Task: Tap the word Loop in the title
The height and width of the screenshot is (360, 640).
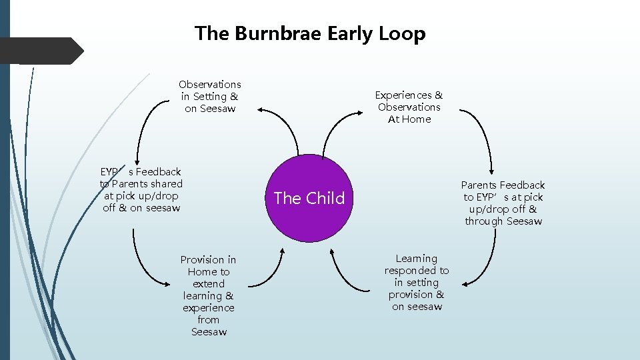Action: click(403, 34)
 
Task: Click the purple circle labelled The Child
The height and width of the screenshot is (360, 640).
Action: click(309, 198)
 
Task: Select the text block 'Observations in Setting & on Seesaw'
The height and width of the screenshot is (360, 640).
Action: click(210, 96)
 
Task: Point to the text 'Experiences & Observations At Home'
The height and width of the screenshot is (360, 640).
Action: click(409, 107)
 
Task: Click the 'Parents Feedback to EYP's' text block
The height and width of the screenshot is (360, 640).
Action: click(503, 203)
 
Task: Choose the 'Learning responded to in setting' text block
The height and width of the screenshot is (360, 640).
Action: click(417, 282)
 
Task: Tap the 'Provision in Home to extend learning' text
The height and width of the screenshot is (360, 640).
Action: click(209, 295)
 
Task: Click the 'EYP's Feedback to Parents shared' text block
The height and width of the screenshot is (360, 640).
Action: click(141, 190)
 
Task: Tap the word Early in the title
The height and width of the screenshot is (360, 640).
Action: click(347, 34)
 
